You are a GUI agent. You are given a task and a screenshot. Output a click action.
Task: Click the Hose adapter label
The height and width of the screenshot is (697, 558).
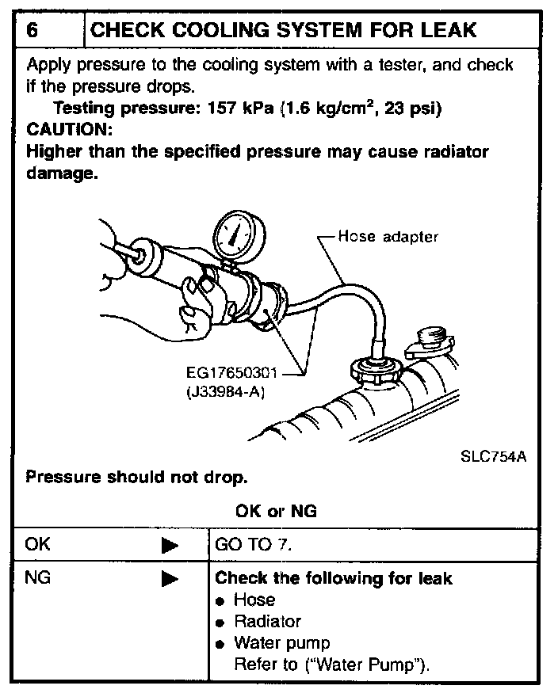coord(387,236)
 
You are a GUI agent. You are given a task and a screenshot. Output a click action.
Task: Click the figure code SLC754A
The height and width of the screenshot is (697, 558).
coord(493,457)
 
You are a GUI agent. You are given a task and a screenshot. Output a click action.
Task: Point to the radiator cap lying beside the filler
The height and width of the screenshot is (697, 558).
coord(430,341)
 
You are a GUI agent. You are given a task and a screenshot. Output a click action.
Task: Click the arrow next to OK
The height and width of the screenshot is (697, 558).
coord(170,546)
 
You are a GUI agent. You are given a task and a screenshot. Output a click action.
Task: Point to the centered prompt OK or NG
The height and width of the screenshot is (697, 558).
coord(275,511)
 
